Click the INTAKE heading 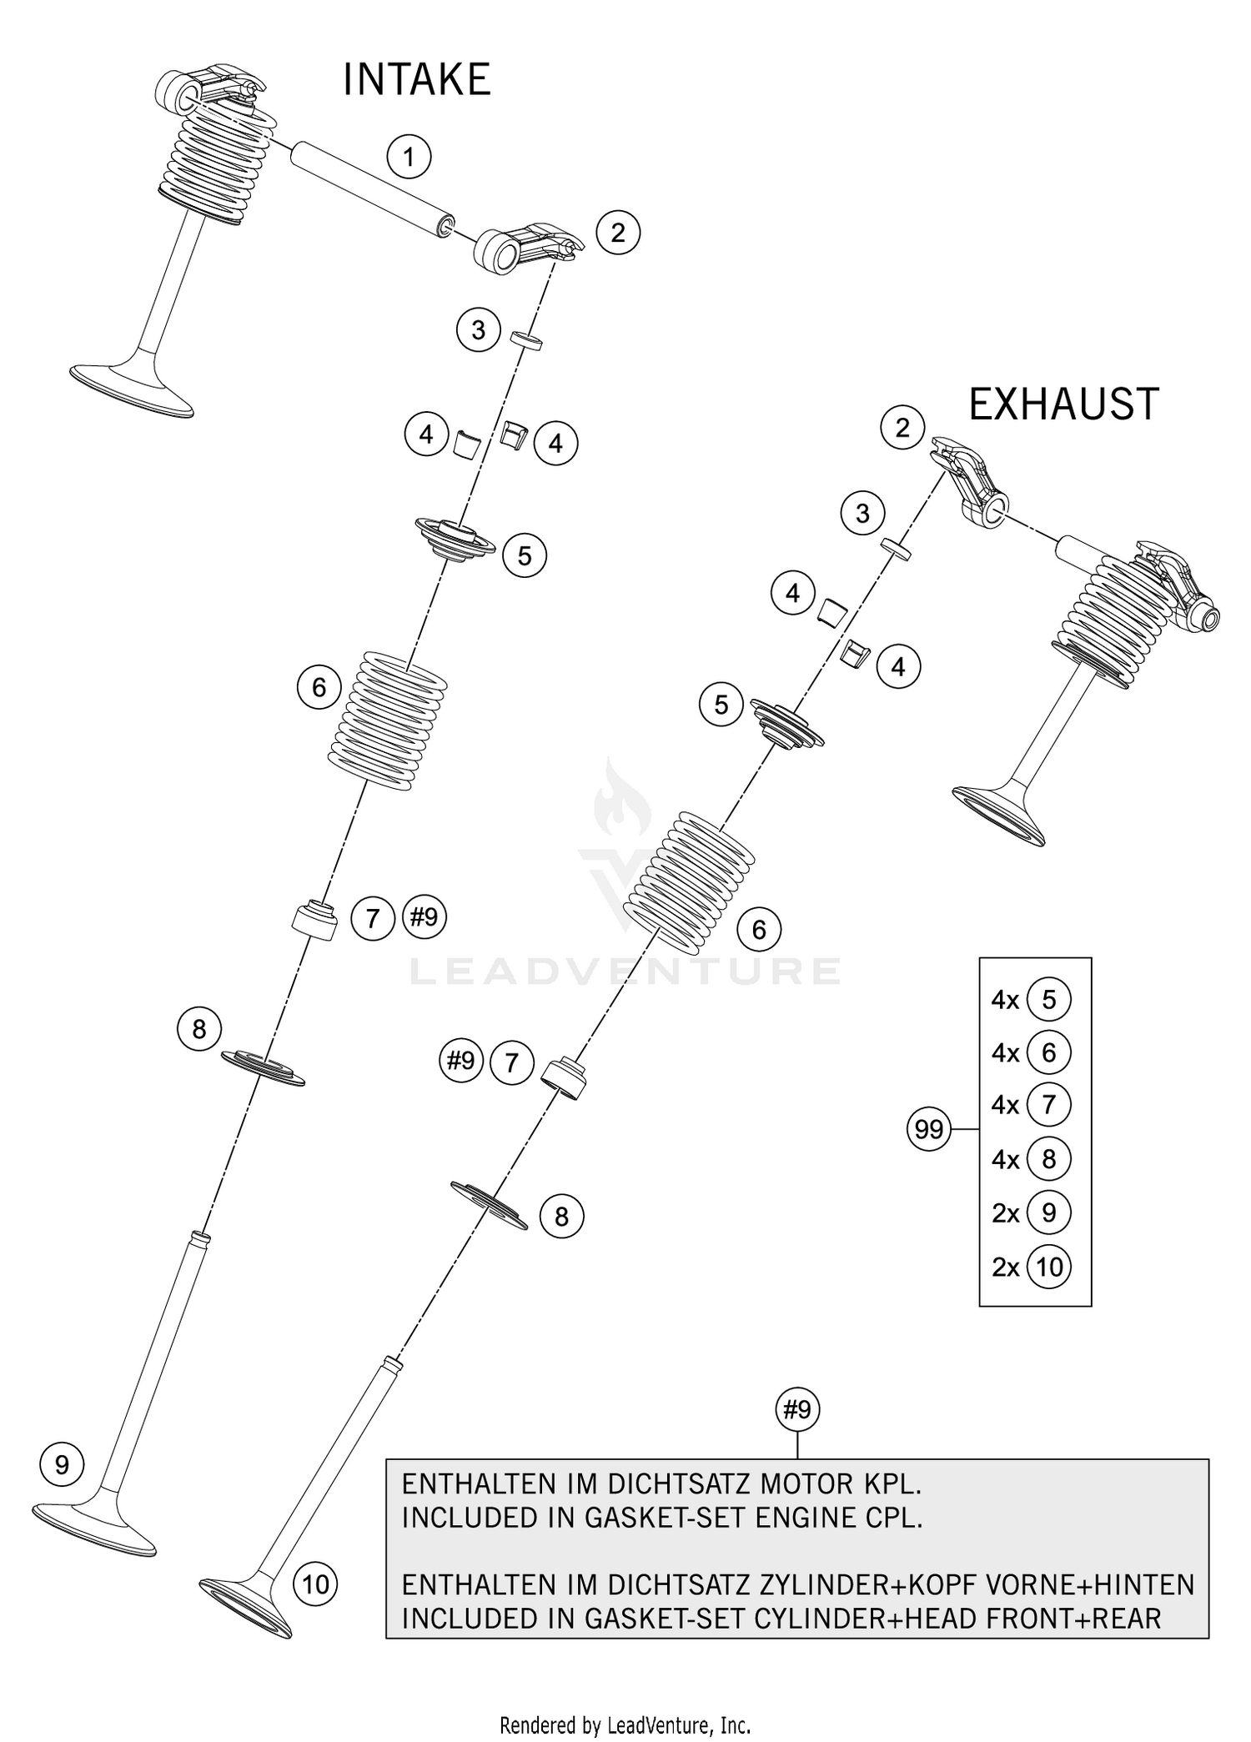pyautogui.click(x=416, y=80)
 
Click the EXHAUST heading pyautogui.click(x=1063, y=404)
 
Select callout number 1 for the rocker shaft pyautogui.click(x=409, y=157)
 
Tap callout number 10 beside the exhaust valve pyautogui.click(x=315, y=1584)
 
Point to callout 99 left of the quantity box pyautogui.click(x=928, y=1129)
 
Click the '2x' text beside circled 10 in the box pyautogui.click(x=1006, y=1267)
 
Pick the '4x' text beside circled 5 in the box pyautogui.click(x=1006, y=999)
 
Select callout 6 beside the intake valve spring pyautogui.click(x=319, y=687)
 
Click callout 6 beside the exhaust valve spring pyautogui.click(x=758, y=929)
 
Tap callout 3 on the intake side pyautogui.click(x=478, y=330)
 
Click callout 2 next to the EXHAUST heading pyautogui.click(x=902, y=428)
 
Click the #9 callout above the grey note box pyautogui.click(x=797, y=1409)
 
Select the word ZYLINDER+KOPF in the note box pyautogui.click(x=874, y=1584)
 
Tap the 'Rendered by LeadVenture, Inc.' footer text pyautogui.click(x=625, y=1724)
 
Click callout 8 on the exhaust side pyautogui.click(x=561, y=1217)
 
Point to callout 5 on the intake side pyautogui.click(x=524, y=555)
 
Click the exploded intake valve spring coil pyautogui.click(x=387, y=720)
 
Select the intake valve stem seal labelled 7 pyautogui.click(x=314, y=920)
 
